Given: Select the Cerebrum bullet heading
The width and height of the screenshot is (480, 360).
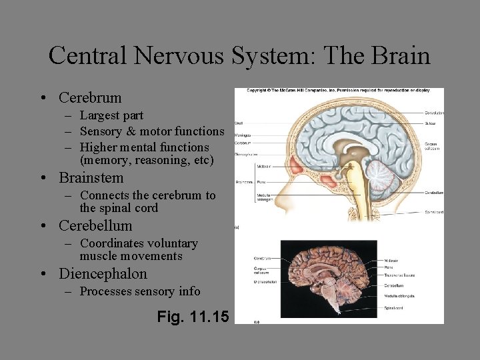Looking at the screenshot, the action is (x=90, y=97).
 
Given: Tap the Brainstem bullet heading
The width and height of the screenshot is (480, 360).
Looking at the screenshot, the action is (x=91, y=178).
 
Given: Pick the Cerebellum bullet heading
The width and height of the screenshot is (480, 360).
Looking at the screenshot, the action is (x=95, y=226).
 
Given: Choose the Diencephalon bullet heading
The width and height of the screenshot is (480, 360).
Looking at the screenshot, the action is (x=103, y=274).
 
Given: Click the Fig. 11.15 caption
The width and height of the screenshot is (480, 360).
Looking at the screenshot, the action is (x=193, y=317).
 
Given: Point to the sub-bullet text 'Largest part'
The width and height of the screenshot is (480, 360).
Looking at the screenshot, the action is (x=111, y=116).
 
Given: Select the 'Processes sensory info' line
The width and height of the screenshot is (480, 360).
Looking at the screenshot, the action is (x=139, y=291).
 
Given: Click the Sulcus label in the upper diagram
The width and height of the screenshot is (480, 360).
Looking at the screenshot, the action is (x=431, y=123).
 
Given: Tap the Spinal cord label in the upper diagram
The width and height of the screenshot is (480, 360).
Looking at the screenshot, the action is (x=434, y=212).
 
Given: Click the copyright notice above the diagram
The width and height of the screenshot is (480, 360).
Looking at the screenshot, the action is (x=339, y=90).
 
